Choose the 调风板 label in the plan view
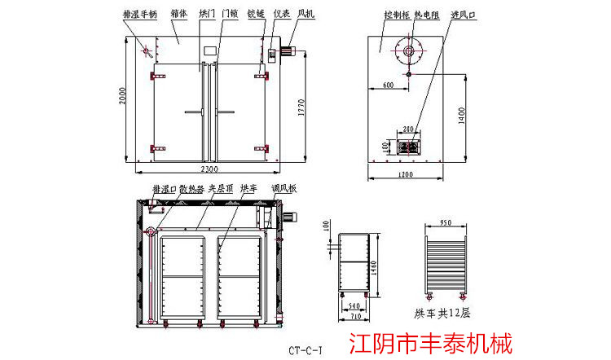(284, 189)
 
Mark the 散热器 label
(191, 189)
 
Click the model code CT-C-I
(305, 351)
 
